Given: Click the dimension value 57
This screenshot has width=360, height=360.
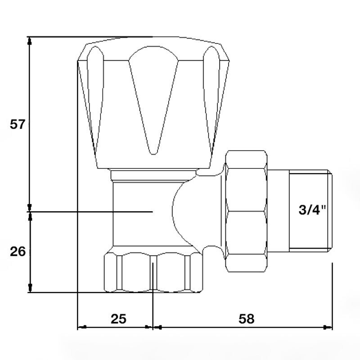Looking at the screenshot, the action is click(17, 124).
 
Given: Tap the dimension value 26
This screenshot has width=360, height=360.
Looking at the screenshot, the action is click(18, 252).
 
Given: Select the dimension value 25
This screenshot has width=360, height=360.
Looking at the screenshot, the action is click(119, 319).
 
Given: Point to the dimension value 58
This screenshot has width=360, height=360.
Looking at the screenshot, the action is click(247, 319).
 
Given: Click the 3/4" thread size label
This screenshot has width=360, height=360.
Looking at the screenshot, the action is click(312, 209).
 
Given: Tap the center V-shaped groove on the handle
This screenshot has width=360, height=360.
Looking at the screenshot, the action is click(153, 100).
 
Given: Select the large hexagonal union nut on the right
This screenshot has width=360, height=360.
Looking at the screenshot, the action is click(246, 211).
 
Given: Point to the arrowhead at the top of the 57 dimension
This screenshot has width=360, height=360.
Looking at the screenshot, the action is click(29, 41).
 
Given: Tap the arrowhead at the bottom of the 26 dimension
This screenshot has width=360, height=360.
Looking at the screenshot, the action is click(30, 288).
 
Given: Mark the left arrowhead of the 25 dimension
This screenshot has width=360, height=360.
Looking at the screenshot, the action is click(82, 327).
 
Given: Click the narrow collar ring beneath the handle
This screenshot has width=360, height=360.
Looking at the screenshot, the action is click(153, 175).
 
